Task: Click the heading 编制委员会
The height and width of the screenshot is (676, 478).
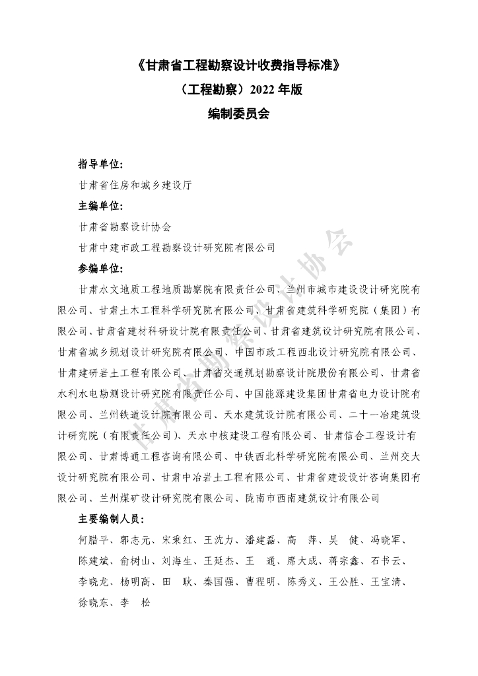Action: (238, 112)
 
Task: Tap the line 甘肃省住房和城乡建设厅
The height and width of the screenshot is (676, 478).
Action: (135, 186)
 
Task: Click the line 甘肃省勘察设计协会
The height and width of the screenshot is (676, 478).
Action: (124, 227)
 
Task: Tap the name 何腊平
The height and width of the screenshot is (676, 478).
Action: (92, 541)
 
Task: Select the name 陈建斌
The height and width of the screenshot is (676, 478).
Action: (92, 562)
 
